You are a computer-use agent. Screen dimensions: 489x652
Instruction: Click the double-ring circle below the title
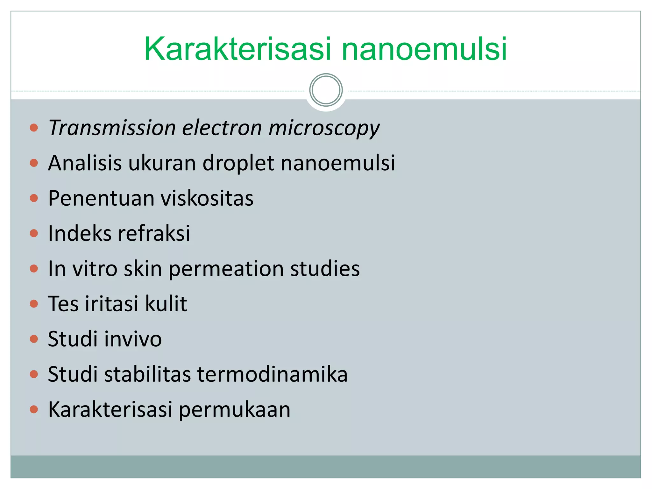(326, 90)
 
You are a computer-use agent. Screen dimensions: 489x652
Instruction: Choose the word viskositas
(207, 198)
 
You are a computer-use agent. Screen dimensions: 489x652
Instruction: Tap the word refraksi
(154, 233)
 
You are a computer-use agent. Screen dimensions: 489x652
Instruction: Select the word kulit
(166, 304)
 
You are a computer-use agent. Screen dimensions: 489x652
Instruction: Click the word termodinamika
(272, 374)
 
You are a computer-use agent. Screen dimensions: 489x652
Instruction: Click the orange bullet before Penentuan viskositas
(34, 198)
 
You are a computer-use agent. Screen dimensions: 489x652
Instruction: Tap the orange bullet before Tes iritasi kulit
(34, 304)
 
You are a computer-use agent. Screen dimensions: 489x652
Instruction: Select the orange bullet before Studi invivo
(34, 339)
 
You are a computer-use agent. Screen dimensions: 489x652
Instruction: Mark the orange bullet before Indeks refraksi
(34, 233)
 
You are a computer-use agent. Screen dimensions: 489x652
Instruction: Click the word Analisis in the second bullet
(85, 163)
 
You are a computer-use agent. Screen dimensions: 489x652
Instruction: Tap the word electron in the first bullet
(222, 128)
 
